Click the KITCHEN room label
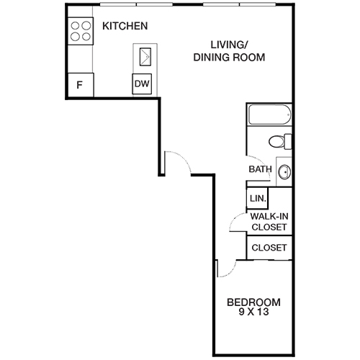pyautogui.click(x=125, y=27)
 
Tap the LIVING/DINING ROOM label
pyautogui.click(x=229, y=50)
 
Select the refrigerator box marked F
pyautogui.click(x=80, y=85)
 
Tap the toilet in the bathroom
pyautogui.click(x=279, y=140)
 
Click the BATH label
pyautogui.click(x=260, y=170)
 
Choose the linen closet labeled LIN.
pyautogui.click(x=257, y=198)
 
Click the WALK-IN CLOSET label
pyautogui.click(x=269, y=221)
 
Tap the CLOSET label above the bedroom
pyautogui.click(x=269, y=248)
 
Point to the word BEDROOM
pyautogui.click(x=253, y=302)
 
